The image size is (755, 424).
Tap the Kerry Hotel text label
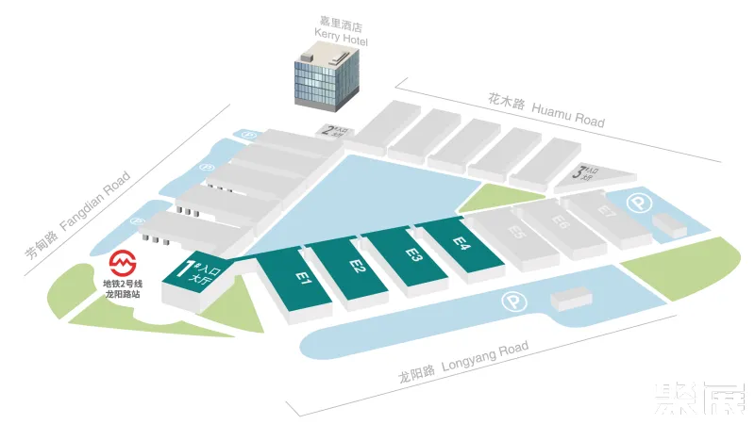pos(341,30)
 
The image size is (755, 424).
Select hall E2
pos(357,268)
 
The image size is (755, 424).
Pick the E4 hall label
pos(461,242)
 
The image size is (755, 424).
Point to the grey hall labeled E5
pos(515,231)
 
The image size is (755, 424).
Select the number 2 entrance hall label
pos(331,132)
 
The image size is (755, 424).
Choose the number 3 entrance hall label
pos(583,173)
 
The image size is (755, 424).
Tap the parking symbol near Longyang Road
pos(512,302)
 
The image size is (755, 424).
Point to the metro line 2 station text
pos(122,288)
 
